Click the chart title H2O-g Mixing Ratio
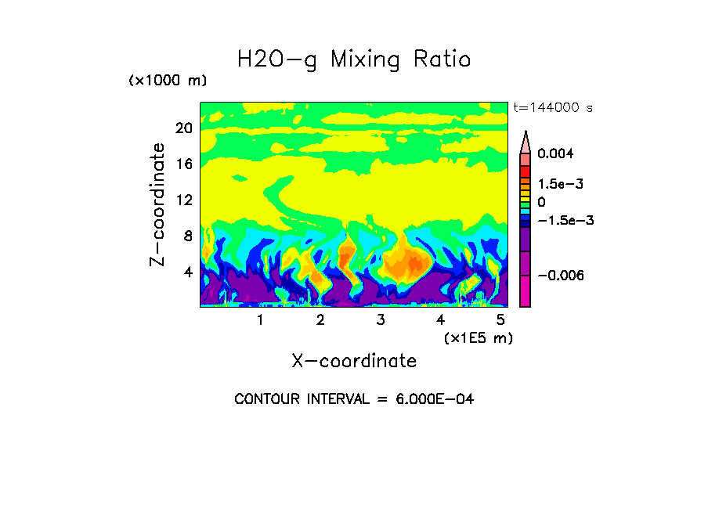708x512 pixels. (x=354, y=59)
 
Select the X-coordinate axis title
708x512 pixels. (x=354, y=361)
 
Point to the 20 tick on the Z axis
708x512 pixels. (x=183, y=128)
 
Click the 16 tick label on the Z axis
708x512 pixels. (x=183, y=164)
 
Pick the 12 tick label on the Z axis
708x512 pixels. (x=183, y=200)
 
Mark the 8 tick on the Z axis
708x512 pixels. (x=188, y=236)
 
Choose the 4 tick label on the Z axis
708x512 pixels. (x=188, y=272)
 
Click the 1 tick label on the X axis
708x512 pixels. (x=260, y=320)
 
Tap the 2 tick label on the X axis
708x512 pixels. (x=320, y=320)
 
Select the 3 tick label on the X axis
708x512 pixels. (x=381, y=320)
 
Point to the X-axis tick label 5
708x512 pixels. (x=500, y=320)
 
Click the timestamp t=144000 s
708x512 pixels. (x=552, y=108)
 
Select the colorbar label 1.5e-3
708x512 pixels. (x=561, y=184)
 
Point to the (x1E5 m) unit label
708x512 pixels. (x=478, y=338)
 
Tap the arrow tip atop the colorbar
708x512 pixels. (x=526, y=134)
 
